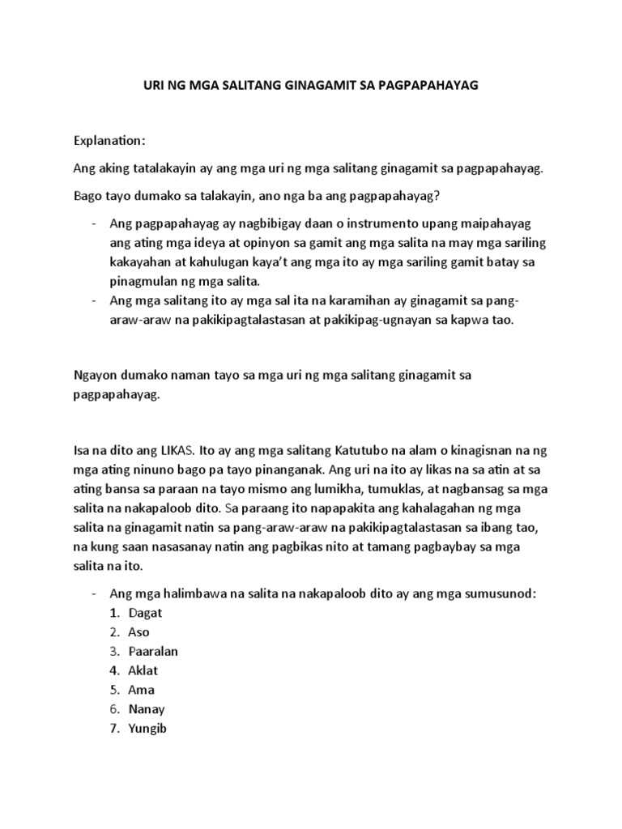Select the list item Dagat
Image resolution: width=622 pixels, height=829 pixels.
[x=147, y=613]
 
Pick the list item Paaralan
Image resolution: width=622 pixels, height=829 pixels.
[x=153, y=652]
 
